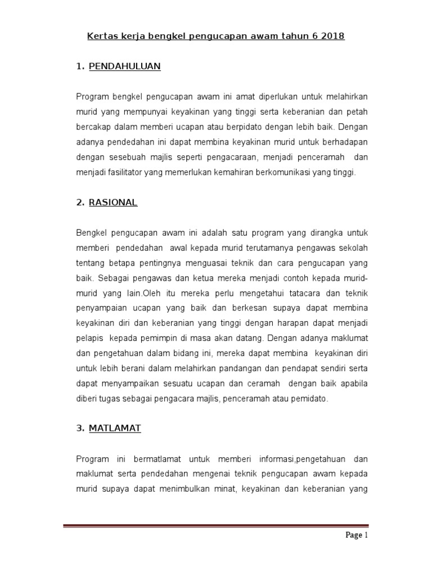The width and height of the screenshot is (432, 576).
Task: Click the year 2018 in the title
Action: pyautogui.click(x=331, y=37)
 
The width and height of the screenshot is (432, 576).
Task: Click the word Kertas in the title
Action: pyautogui.click(x=100, y=37)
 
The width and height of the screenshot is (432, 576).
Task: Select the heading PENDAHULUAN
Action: pyautogui.click(x=124, y=66)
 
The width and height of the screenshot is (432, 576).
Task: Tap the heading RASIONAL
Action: pyautogui.click(x=113, y=202)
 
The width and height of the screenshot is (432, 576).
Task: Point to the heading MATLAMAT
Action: pyautogui.click(x=115, y=429)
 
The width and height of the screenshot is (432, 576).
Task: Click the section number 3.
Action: pyautogui.click(x=79, y=429)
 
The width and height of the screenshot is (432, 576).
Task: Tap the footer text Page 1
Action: pyautogui.click(x=356, y=535)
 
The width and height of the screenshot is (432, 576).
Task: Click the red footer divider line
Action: pyautogui.click(x=215, y=526)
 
